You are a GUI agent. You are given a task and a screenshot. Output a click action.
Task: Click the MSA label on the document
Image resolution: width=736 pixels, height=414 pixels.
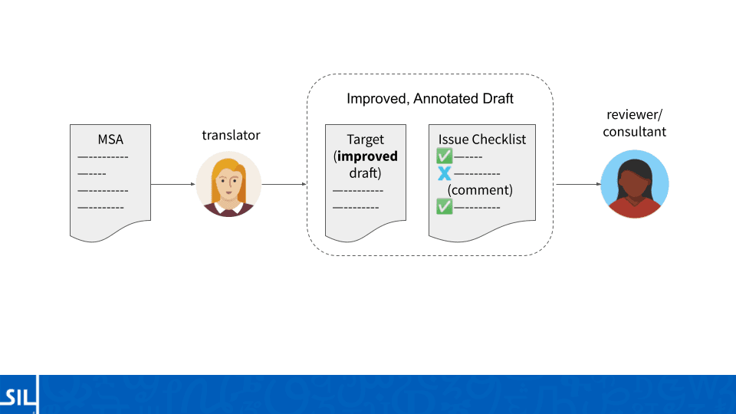[x=110, y=140]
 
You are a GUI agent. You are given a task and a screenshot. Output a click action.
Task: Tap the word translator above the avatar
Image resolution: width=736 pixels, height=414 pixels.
[x=231, y=135]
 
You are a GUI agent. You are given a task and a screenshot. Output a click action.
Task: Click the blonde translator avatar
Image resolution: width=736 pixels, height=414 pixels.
[x=228, y=184]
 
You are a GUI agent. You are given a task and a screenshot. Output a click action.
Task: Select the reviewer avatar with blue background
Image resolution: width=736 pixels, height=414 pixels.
[x=635, y=184]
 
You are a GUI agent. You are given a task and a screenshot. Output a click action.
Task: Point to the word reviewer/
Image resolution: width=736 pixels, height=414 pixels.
[x=634, y=114]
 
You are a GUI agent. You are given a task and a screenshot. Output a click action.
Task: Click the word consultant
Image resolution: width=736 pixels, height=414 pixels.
[x=634, y=131]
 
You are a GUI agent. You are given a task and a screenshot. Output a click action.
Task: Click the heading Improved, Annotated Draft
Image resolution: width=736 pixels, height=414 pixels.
[x=430, y=99]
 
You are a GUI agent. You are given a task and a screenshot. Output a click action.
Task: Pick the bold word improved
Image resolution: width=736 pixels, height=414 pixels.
[x=367, y=156]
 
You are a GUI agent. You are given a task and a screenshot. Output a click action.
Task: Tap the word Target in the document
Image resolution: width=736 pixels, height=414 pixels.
[x=365, y=140]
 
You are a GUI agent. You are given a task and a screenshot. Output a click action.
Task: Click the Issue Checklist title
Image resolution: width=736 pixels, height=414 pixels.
[x=482, y=140]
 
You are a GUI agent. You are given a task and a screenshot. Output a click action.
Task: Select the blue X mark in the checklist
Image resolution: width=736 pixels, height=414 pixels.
[x=444, y=174]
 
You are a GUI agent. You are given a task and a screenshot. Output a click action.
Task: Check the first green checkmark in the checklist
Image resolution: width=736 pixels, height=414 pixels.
[x=444, y=156]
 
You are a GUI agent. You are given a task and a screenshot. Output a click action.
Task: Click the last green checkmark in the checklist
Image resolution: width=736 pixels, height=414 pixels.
[x=444, y=206]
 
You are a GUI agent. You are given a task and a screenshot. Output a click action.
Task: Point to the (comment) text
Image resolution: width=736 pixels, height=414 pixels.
[x=480, y=190]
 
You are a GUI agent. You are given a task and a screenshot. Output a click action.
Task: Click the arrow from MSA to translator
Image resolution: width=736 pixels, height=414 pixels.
[x=172, y=184]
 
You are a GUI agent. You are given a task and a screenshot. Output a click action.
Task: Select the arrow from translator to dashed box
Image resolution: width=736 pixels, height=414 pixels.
[x=284, y=184]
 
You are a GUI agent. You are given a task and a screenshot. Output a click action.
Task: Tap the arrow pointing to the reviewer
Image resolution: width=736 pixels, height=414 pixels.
[x=578, y=184]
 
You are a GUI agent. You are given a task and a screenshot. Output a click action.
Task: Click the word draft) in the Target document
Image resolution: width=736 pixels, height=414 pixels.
[x=365, y=173]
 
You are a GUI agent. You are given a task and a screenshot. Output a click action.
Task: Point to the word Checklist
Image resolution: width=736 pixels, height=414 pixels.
[x=498, y=140]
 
